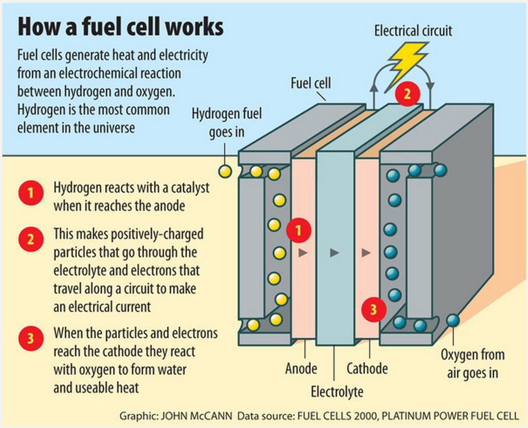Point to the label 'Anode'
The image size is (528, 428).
coord(301,369)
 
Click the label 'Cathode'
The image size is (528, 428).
coord(367,369)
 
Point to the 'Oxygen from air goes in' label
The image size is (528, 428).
coord(472,363)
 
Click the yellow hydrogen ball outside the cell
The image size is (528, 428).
coord(224,171)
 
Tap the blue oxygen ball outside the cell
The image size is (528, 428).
coord(452,320)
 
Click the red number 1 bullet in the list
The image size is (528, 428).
coord(28,194)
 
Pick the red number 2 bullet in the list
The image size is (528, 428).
coord(28,239)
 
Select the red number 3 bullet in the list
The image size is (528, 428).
coord(28,338)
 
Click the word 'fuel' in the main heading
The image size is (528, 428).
coord(115,27)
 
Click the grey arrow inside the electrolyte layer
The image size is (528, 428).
coord(334,252)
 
